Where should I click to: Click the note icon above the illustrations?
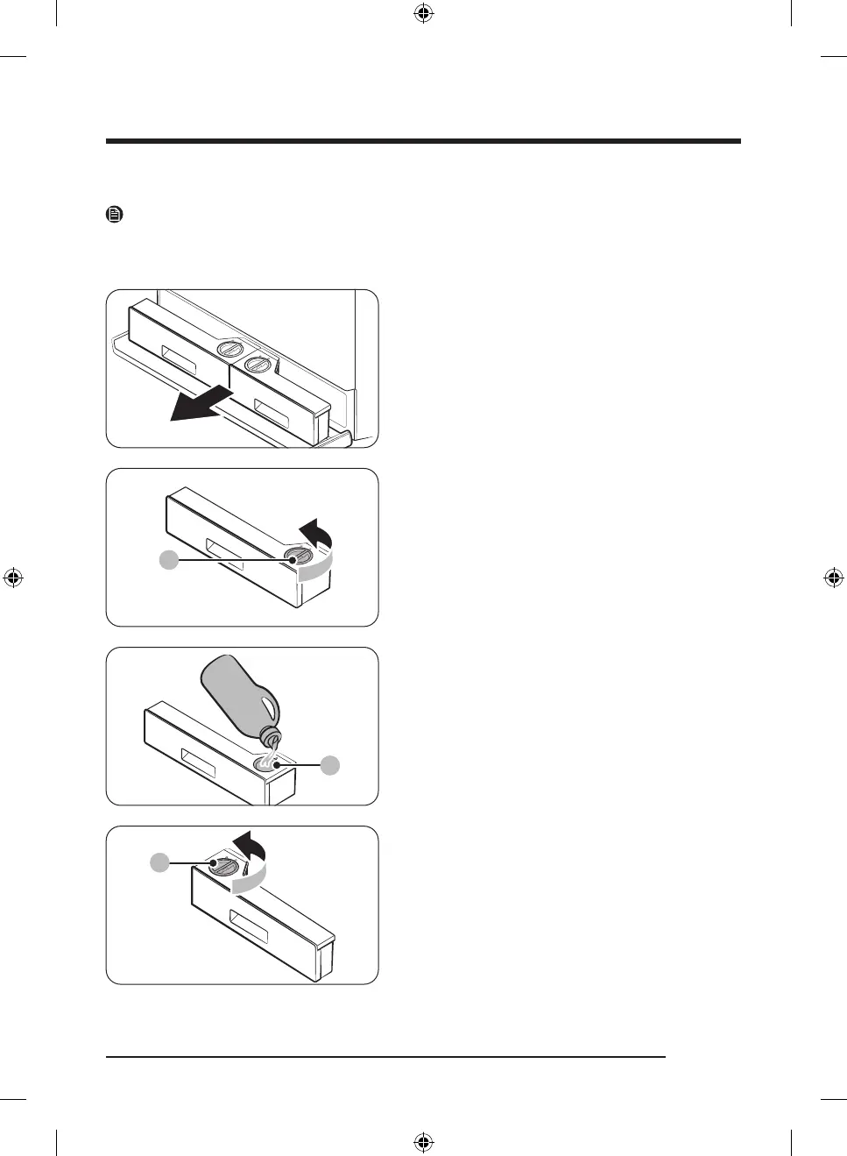114,214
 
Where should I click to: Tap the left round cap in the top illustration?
229,348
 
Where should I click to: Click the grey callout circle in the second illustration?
169,559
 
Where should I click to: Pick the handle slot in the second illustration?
224,557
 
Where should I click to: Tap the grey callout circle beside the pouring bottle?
330,765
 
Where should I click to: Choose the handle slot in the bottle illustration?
197,762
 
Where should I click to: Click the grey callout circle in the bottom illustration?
159,863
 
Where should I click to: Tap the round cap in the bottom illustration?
224,866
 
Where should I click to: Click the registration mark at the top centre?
423,13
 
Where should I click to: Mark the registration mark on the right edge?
834,578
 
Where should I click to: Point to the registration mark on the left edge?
13,578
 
